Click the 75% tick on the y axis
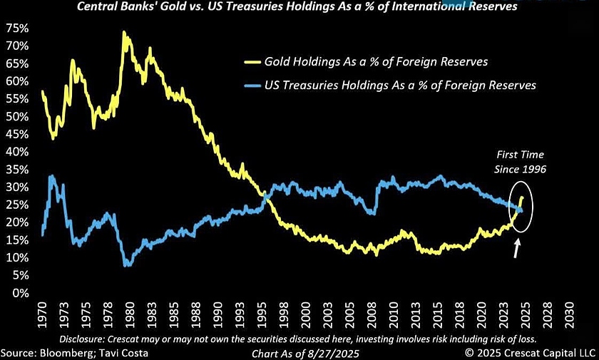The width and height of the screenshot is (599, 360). click(17, 28)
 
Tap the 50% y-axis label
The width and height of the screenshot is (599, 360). click(17, 116)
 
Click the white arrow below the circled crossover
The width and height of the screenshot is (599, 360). click(516, 249)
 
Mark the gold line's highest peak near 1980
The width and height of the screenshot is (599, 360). click(124, 32)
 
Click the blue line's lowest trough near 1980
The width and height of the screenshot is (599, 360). click(128, 265)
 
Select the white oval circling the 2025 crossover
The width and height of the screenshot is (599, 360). click(522, 207)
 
